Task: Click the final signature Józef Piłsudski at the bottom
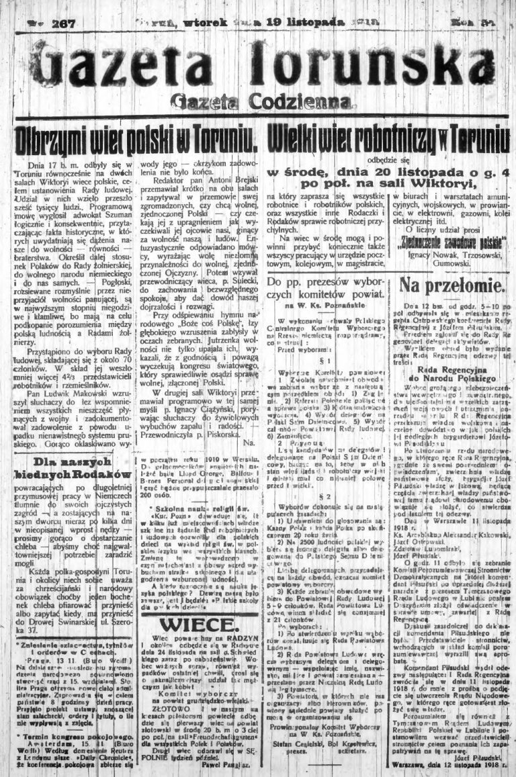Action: coord(480,755)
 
